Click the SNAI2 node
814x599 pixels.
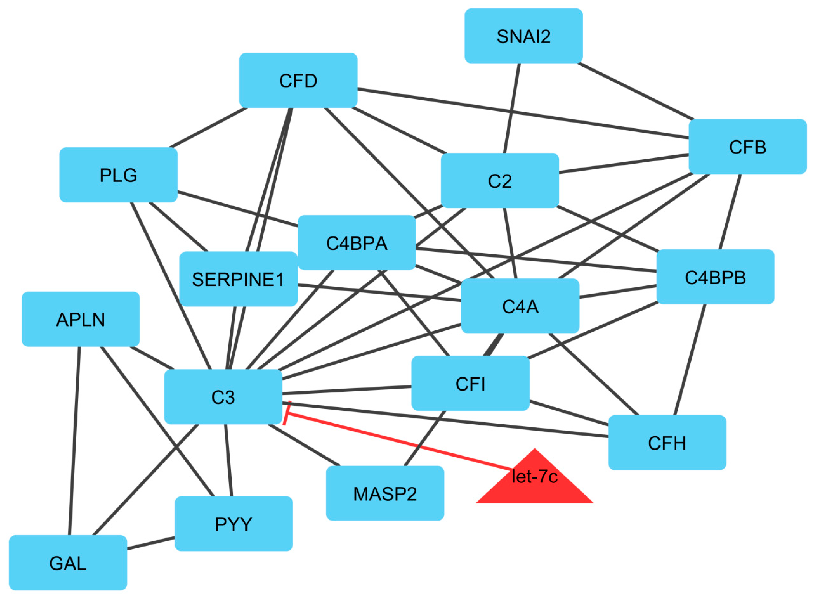[523, 36]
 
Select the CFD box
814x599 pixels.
[298, 81]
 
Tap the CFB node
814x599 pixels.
[748, 147]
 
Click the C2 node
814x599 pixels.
[500, 181]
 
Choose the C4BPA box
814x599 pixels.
[356, 243]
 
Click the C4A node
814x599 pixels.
[520, 306]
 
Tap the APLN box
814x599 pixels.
[81, 319]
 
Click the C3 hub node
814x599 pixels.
[223, 397]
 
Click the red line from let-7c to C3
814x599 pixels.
[399, 442]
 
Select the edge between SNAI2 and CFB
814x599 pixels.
[635, 91]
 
